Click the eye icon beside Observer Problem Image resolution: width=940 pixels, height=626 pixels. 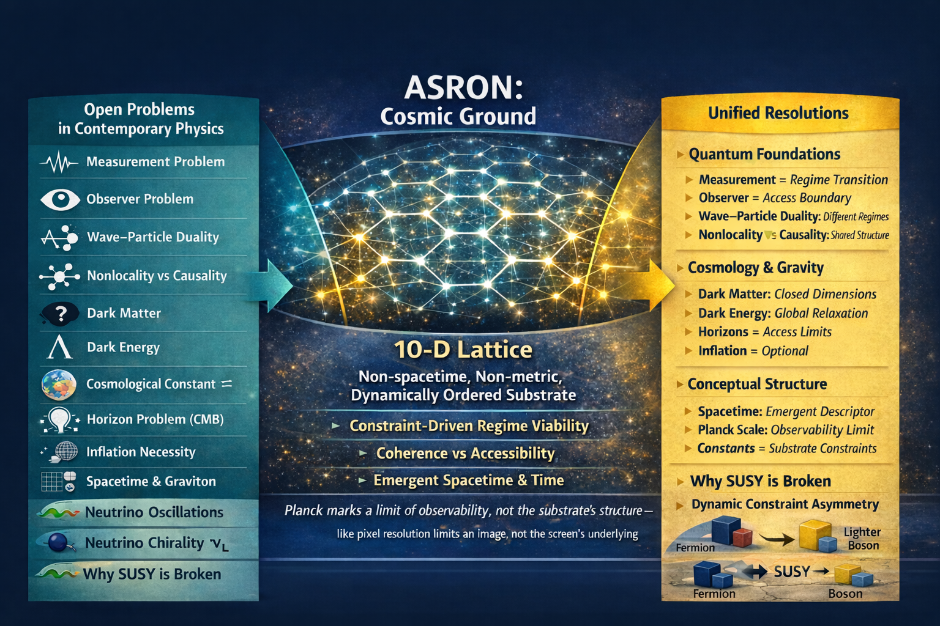coord(60,199)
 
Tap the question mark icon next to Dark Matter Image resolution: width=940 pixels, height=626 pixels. coord(61,313)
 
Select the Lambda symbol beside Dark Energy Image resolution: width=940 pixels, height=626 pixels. coord(59,347)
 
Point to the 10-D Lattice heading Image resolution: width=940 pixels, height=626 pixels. coord(463,349)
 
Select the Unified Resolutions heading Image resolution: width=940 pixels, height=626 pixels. coord(778,113)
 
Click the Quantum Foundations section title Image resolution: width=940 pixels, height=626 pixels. coord(764,154)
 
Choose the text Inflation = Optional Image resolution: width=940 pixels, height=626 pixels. coord(753,350)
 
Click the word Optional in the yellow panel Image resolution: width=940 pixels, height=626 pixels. coord(785,351)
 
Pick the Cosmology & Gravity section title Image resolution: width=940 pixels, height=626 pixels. coord(756,268)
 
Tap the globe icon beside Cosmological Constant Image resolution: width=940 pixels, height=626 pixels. coord(59,384)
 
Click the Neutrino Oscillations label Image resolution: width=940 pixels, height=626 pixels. coord(154,512)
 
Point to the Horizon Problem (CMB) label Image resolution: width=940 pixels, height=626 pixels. coord(155,419)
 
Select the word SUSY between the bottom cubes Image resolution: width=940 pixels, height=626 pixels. coord(791,571)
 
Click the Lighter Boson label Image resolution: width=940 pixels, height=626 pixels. coord(862,539)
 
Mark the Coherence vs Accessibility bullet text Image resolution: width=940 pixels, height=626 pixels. coord(465,453)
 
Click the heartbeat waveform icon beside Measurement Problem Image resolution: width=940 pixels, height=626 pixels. coord(59,162)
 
